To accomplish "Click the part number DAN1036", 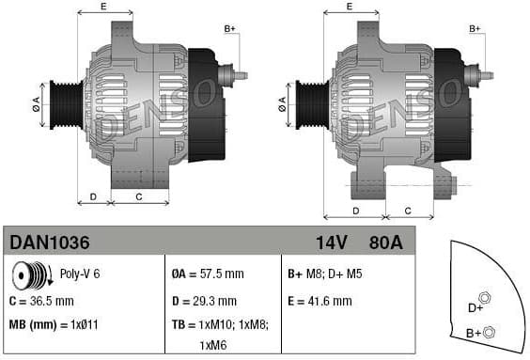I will coord(50,243).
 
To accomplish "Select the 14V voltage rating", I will coord(331,243).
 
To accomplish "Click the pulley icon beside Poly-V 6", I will coord(31,276).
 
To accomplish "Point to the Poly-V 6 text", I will coord(80,275).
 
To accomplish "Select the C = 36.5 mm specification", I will coord(41,301).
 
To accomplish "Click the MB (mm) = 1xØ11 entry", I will coord(54,325).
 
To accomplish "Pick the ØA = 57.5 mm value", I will coord(208,275).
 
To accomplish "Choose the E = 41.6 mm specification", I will coord(320,301).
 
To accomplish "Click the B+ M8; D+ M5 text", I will coord(324,275).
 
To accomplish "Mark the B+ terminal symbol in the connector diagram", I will coord(489,331).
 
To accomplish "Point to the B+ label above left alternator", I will coord(230,29).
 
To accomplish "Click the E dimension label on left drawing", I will coord(103,8).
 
